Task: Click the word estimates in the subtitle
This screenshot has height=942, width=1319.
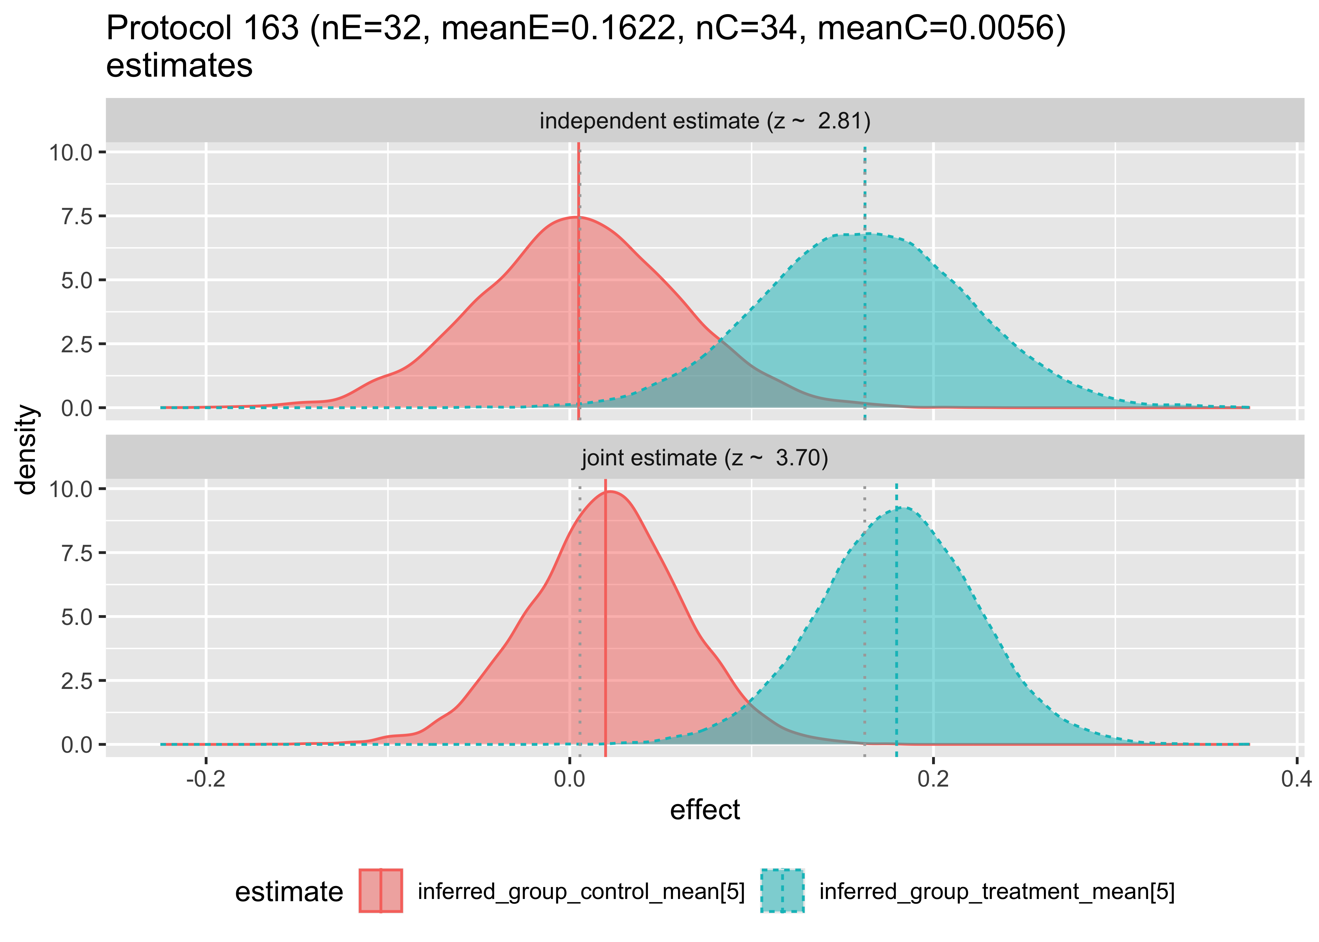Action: click(179, 65)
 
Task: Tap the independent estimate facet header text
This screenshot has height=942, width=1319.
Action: click(705, 121)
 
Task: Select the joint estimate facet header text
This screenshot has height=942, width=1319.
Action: click(705, 458)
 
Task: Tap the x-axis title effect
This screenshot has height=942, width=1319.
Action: click(705, 810)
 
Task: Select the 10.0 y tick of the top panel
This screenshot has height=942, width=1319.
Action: click(71, 153)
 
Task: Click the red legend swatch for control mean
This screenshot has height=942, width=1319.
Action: click(381, 891)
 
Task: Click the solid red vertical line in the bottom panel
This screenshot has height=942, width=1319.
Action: click(605, 638)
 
